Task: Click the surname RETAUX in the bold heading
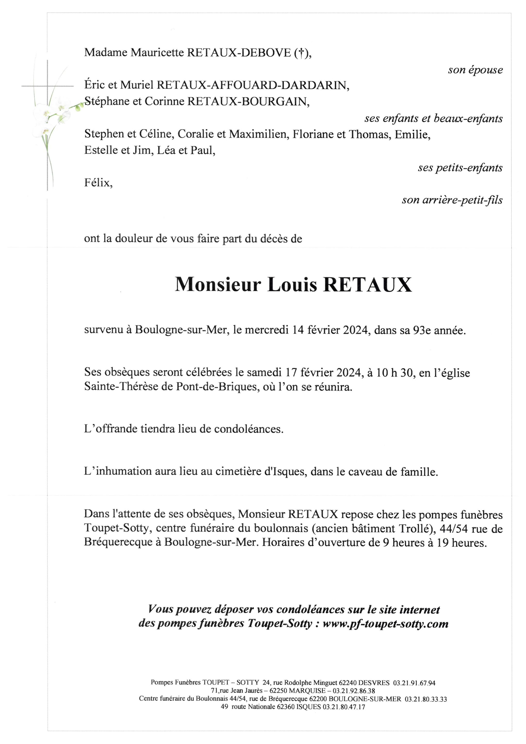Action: point(368,285)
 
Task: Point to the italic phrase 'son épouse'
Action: point(475,70)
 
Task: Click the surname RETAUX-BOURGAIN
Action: point(248,102)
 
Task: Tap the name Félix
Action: point(98,183)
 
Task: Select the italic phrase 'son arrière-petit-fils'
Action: point(452,200)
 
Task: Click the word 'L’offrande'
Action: point(111,429)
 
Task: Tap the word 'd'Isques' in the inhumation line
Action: point(285,471)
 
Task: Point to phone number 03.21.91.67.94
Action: point(414,683)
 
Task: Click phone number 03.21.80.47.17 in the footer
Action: point(344,707)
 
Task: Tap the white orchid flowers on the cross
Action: point(53,115)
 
